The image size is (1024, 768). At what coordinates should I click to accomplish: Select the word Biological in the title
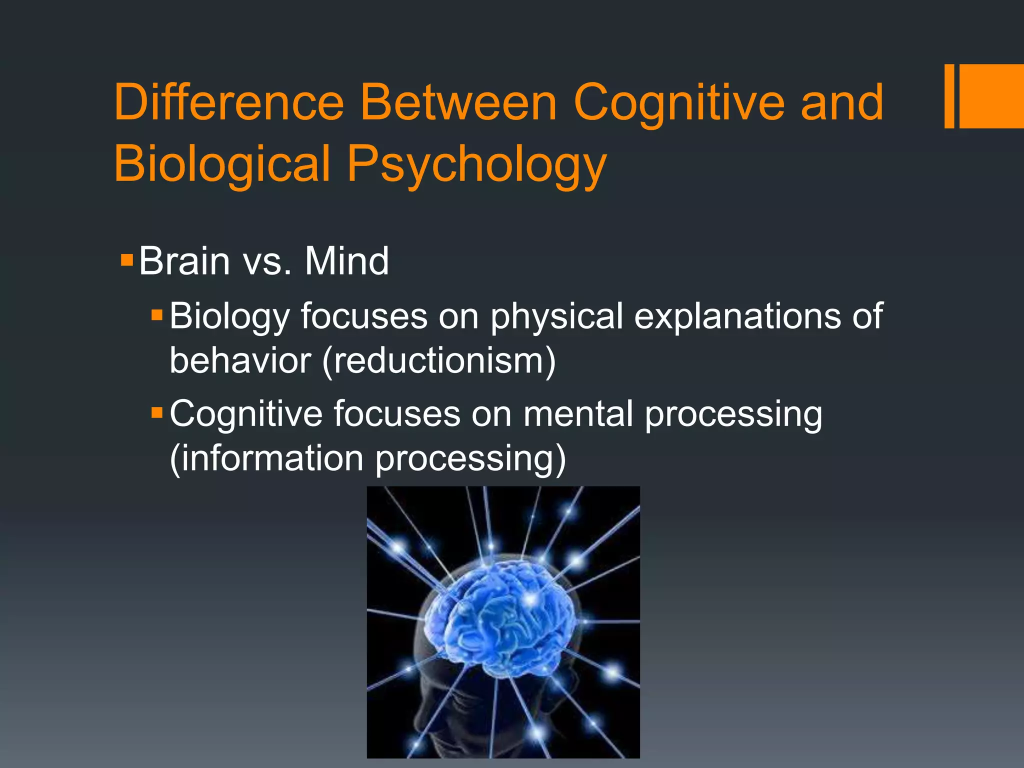tap(222, 163)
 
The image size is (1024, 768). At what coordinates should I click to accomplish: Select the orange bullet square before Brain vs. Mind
tap(127, 259)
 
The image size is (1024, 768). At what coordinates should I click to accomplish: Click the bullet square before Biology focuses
tap(157, 315)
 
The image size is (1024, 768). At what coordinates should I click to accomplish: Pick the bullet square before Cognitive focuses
tap(157, 412)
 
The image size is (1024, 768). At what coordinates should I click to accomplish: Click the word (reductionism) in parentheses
tap(438, 360)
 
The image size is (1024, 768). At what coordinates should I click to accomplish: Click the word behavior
tap(240, 360)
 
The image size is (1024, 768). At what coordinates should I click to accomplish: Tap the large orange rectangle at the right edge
tap(991, 96)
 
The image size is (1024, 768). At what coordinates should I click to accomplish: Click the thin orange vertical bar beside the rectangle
tap(949, 96)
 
